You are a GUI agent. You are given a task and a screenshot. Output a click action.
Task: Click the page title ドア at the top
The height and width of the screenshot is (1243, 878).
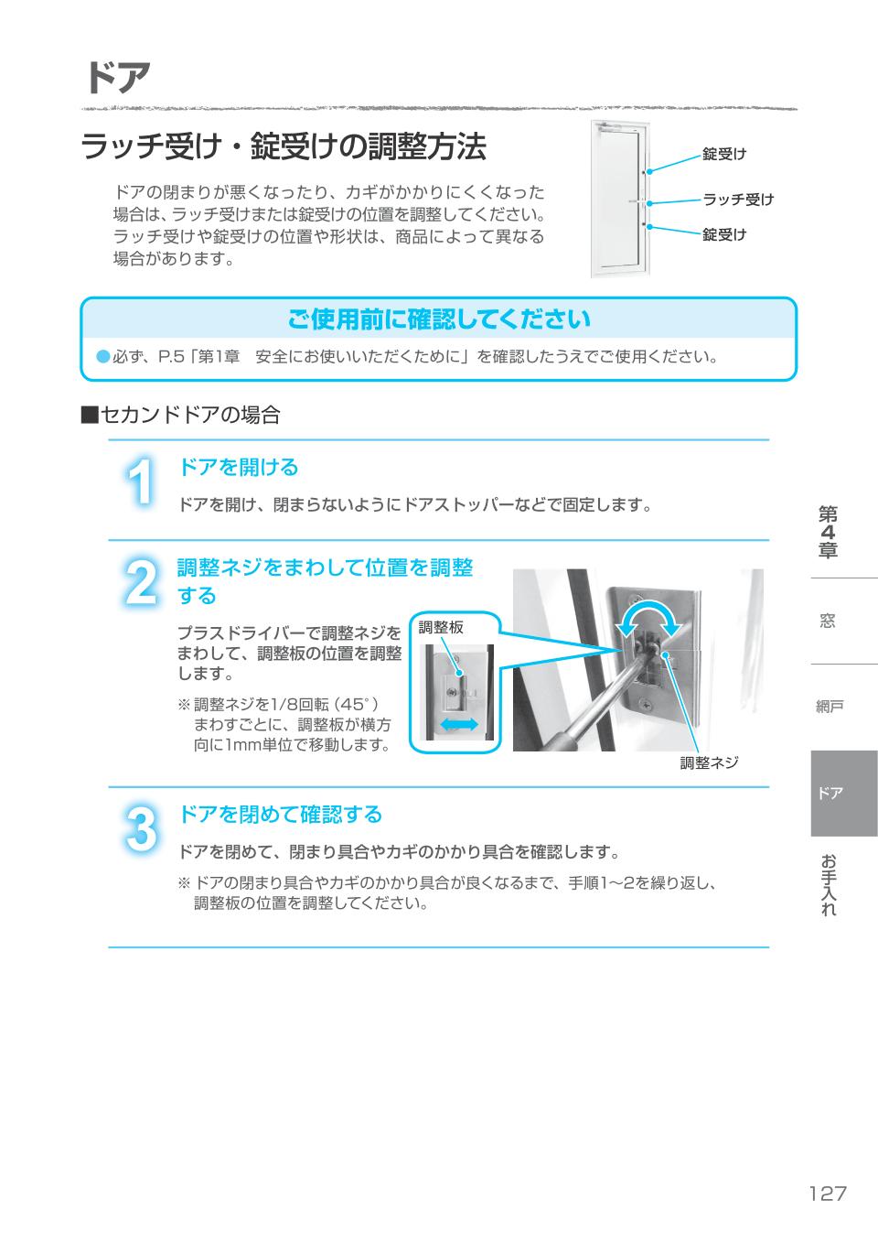coord(117,79)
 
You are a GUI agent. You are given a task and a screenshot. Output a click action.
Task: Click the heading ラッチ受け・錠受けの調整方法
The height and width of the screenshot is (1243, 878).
coord(284,147)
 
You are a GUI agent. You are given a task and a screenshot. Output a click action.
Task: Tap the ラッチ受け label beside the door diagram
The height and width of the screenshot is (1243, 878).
coord(737,200)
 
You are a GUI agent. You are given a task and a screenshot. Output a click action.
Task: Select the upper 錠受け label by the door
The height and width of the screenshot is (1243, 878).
coord(724,154)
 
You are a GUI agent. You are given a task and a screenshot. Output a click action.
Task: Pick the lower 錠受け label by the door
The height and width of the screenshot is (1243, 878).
coord(724,235)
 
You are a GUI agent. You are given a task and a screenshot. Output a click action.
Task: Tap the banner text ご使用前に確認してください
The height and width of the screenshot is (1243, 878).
coord(438,319)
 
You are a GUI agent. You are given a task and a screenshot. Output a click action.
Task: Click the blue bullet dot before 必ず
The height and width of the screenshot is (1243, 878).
coord(102,356)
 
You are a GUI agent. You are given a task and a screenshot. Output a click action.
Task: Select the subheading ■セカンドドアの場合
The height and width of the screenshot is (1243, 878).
coord(180,415)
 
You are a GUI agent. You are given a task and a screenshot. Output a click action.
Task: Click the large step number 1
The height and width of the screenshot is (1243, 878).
coord(139,481)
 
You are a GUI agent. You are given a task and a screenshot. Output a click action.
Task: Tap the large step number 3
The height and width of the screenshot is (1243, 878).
coord(139,829)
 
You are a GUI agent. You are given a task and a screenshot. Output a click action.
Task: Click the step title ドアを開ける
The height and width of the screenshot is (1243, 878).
coord(238,468)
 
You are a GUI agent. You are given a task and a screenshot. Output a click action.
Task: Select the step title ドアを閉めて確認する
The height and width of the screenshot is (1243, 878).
coord(280,815)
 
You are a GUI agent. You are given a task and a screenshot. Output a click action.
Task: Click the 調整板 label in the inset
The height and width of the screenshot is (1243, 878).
coord(441,628)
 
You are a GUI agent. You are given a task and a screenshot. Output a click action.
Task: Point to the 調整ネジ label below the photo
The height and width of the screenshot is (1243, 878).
coord(709,762)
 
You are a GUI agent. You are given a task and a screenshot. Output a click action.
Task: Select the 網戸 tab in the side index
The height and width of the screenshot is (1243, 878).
coord(830,706)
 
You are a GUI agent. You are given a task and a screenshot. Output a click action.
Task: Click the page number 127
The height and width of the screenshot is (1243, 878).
coord(827,1194)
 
